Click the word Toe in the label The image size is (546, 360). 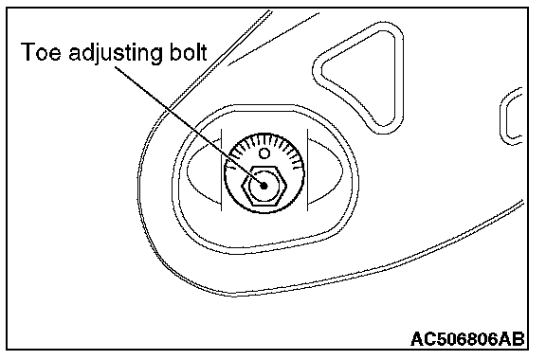41,52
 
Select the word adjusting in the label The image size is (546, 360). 116,54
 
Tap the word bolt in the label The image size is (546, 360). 189,52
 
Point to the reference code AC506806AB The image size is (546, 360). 467,339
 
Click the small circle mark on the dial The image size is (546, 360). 264,153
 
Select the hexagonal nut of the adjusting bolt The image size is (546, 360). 264,186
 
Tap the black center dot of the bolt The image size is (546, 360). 264,186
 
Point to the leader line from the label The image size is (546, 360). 189,126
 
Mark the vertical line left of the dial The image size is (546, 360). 222,170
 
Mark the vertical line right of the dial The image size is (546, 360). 307,170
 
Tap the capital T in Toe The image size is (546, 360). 27,52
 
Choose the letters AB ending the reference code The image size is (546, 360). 511,339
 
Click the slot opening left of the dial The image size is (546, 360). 204,171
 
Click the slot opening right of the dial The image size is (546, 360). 325,171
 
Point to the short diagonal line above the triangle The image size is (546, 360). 273,39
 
